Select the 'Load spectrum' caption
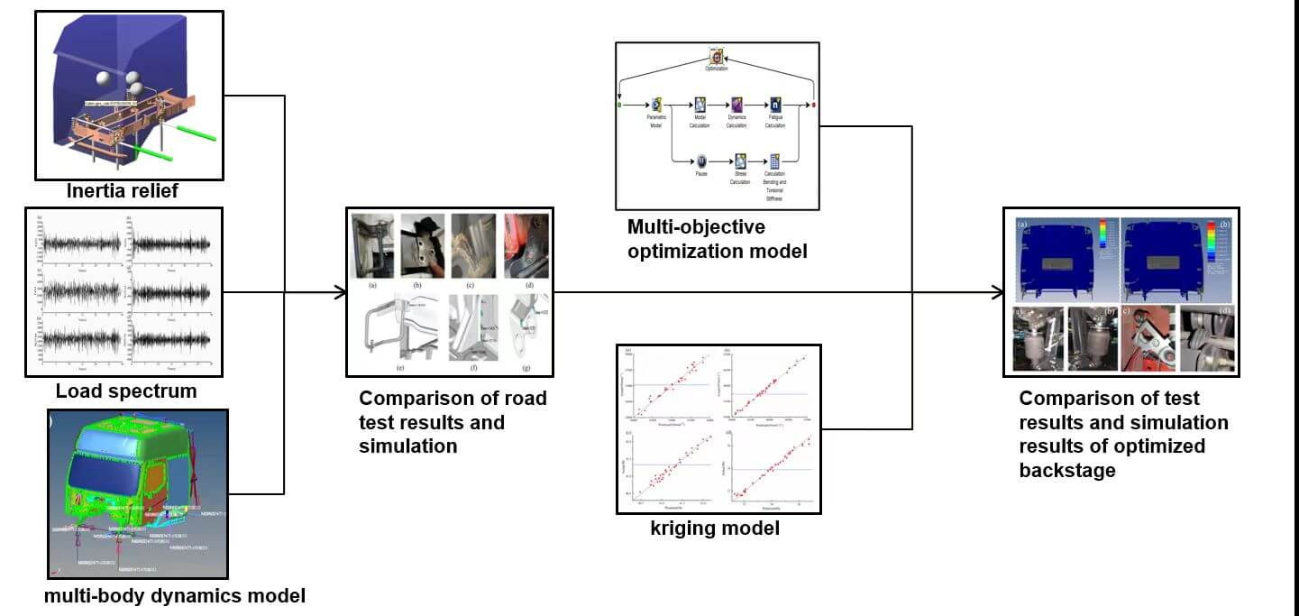pyautogui.click(x=126, y=391)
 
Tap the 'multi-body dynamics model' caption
pyautogui.click(x=175, y=595)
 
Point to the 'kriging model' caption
pyautogui.click(x=715, y=529)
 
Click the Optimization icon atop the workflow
pyautogui.click(x=717, y=56)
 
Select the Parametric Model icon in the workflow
pyautogui.click(x=656, y=105)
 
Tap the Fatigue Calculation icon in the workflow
pyautogui.click(x=774, y=105)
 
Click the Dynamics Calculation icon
pyautogui.click(x=736, y=105)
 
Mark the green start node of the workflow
pyautogui.click(x=619, y=105)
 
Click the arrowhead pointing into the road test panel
pyautogui.click(x=340, y=291)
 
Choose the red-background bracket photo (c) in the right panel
pyautogui.click(x=1148, y=338)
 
